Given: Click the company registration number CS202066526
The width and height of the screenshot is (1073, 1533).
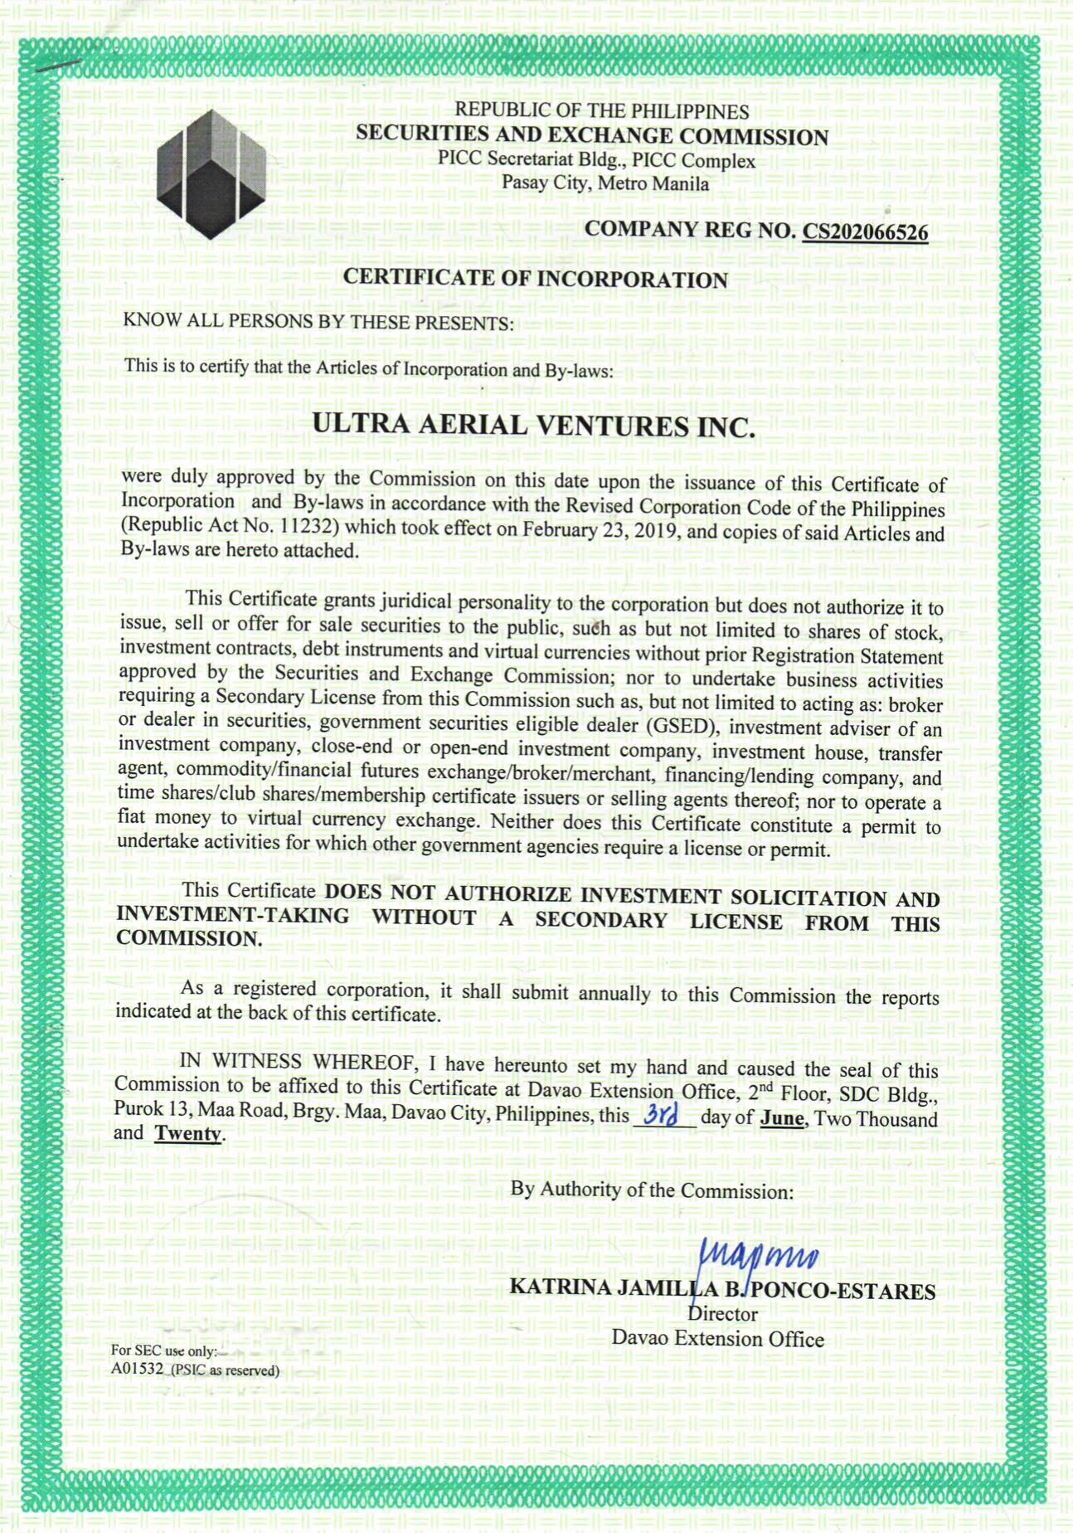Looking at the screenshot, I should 864,232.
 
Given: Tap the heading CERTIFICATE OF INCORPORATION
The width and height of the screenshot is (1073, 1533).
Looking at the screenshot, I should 535,279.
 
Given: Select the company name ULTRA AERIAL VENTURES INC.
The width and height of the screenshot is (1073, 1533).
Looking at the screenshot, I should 533,426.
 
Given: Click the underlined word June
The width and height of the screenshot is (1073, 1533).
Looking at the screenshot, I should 782,1117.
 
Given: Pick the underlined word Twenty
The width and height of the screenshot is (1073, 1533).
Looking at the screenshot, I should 187,1133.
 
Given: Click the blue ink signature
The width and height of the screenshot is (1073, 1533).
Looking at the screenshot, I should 759,1257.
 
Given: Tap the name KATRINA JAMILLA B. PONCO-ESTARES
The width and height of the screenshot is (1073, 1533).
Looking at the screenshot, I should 721,1290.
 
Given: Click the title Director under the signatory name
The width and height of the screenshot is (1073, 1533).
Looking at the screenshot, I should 723,1314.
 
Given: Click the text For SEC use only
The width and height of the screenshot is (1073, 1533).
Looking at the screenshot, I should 163,1350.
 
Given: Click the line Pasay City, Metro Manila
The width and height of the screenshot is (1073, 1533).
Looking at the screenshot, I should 604,183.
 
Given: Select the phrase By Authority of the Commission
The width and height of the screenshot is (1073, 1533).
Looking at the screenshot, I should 652,1190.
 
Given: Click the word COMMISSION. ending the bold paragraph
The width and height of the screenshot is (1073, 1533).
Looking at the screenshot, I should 189,939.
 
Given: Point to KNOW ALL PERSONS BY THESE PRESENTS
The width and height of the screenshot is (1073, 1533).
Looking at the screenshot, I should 318,322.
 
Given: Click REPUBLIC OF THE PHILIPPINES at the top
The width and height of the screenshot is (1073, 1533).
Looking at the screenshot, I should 601,111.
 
